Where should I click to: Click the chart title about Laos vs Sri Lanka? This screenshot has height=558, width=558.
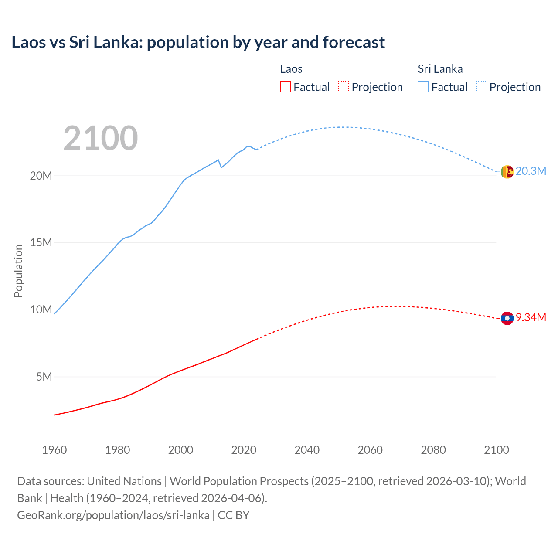pyautogui.click(x=198, y=42)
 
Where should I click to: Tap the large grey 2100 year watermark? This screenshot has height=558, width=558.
pyautogui.click(x=101, y=138)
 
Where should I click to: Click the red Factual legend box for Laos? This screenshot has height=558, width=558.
pyautogui.click(x=285, y=87)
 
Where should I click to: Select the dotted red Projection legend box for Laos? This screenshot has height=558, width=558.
pyautogui.click(x=344, y=87)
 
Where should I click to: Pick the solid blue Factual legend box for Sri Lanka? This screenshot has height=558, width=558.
pyautogui.click(x=423, y=87)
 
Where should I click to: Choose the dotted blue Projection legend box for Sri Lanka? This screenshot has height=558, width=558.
pyautogui.click(x=482, y=87)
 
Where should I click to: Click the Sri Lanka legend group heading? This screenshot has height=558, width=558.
pyautogui.click(x=440, y=69)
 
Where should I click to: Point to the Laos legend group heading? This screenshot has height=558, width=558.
pyautogui.click(x=291, y=69)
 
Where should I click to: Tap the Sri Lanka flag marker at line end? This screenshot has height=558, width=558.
pyautogui.click(x=507, y=172)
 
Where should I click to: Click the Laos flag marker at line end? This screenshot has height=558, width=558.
pyautogui.click(x=507, y=319)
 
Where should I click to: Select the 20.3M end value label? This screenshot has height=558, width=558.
pyautogui.click(x=531, y=171)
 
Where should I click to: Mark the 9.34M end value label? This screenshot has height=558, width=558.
pyautogui.click(x=531, y=317)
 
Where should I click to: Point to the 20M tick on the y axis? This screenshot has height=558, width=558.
pyautogui.click(x=41, y=176)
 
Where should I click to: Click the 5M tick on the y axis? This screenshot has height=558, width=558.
pyautogui.click(x=44, y=377)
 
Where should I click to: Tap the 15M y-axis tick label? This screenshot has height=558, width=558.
pyautogui.click(x=41, y=243)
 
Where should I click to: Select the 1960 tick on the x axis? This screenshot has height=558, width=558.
pyautogui.click(x=54, y=450)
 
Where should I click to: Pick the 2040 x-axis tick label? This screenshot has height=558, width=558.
pyautogui.click(x=307, y=450)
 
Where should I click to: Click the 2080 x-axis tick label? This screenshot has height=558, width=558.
pyautogui.click(x=433, y=450)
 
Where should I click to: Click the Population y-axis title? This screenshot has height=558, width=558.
pyautogui.click(x=18, y=271)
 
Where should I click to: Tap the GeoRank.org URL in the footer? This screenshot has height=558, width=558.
pyautogui.click(x=113, y=515)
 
